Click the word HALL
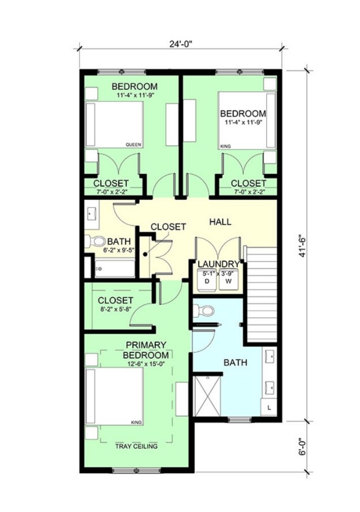(220, 222)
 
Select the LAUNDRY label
(219, 264)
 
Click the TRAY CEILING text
(136, 446)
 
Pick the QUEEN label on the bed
(133, 144)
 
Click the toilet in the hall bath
(94, 241)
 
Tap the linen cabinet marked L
(269, 407)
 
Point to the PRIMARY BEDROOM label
(146, 350)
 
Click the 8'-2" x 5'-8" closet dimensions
(115, 309)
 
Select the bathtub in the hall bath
(115, 268)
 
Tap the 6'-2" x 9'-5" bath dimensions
(119, 250)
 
